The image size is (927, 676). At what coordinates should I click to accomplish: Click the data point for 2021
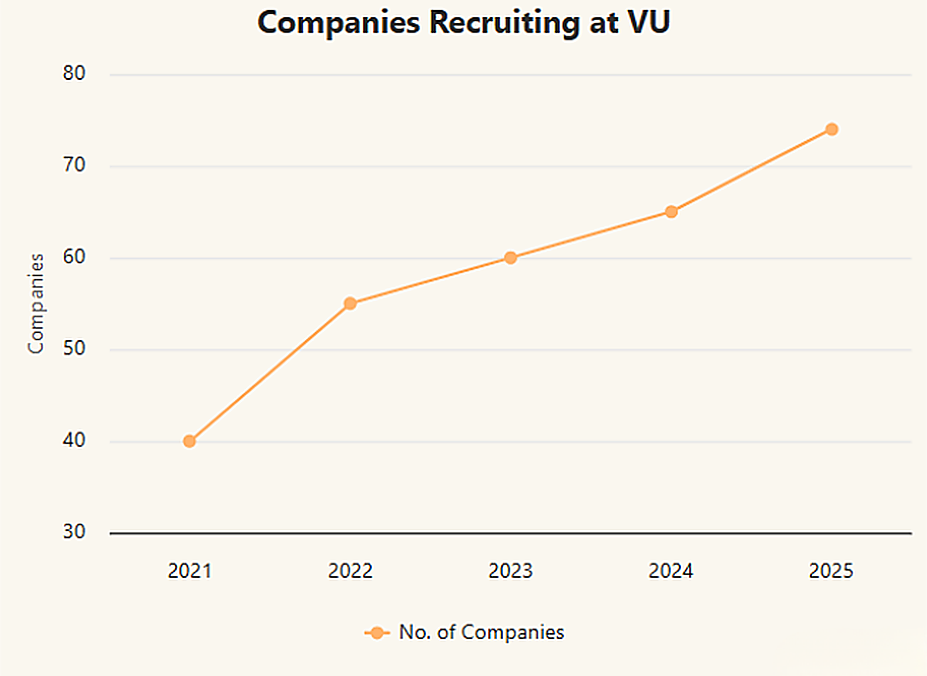click(x=189, y=442)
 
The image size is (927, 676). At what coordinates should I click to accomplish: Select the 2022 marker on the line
click(x=350, y=303)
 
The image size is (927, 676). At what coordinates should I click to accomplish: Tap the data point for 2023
click(x=510, y=258)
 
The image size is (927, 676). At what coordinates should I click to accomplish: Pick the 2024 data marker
click(x=671, y=212)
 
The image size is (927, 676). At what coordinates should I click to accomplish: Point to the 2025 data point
click(x=832, y=129)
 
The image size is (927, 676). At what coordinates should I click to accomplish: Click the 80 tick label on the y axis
click(x=74, y=73)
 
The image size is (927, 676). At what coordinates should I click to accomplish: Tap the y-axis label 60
click(x=74, y=257)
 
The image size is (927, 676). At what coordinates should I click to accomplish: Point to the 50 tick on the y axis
click(x=74, y=349)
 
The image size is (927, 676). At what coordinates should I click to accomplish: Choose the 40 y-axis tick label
click(x=74, y=440)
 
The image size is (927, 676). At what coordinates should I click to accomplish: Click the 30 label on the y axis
click(x=74, y=532)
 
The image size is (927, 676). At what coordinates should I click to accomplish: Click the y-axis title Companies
click(x=36, y=303)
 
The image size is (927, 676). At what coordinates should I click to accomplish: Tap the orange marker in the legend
click(x=377, y=633)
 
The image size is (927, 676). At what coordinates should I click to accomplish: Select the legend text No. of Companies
click(x=482, y=633)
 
